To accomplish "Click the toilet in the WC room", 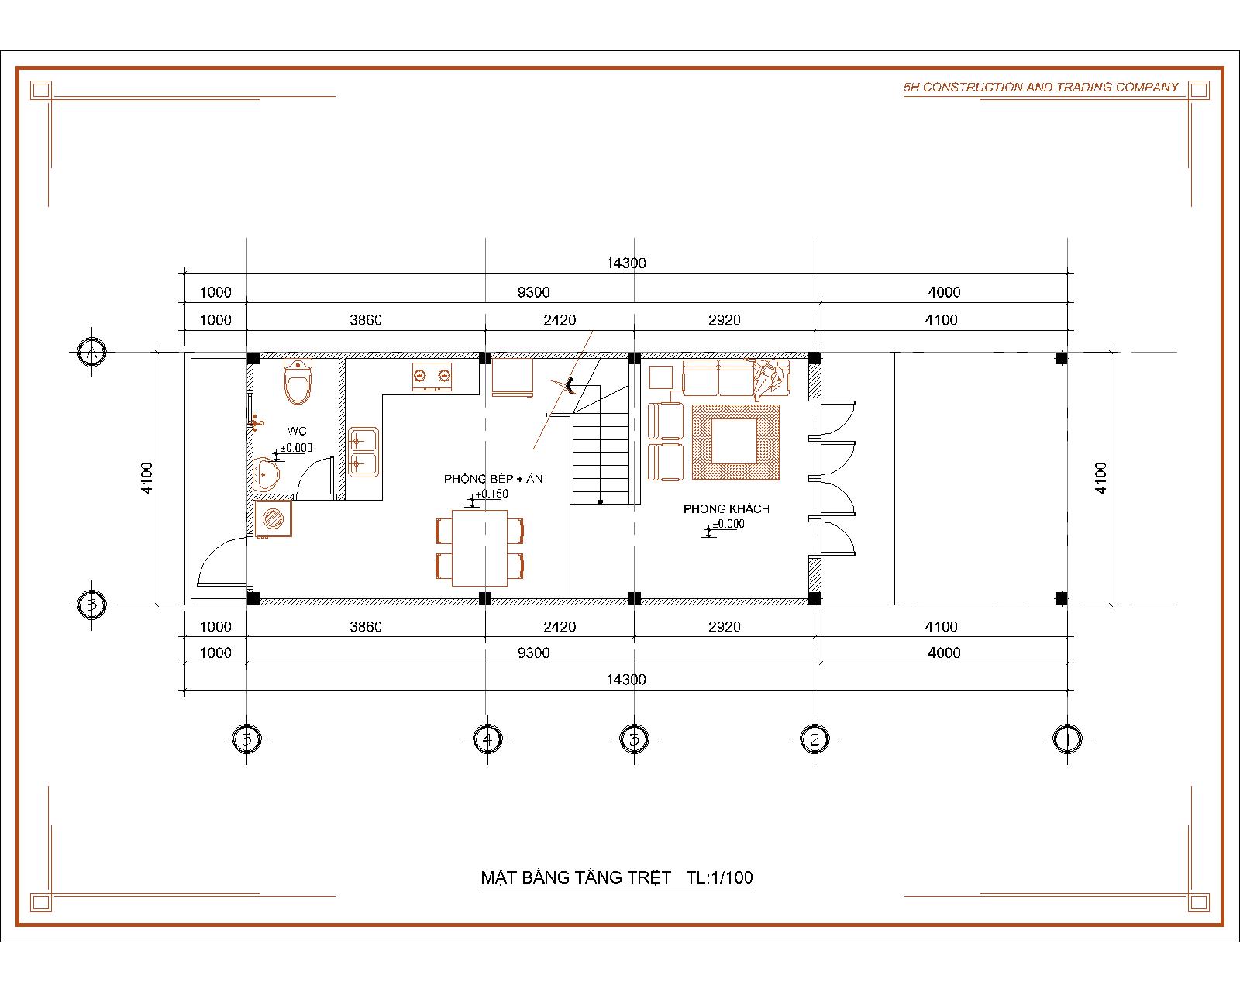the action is [298, 381].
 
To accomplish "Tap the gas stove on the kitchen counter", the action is [432, 377].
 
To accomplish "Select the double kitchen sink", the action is [363, 452].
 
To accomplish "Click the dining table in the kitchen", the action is [480, 548].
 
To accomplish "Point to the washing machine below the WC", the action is [273, 518].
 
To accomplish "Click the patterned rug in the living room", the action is [735, 442].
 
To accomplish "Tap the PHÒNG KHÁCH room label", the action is [726, 509].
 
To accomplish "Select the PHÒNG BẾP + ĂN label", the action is [493, 478].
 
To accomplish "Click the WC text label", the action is [297, 431].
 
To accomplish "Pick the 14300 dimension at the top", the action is [625, 263].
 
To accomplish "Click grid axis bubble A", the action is [91, 352].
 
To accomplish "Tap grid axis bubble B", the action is [91, 604].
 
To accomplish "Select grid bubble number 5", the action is [246, 739].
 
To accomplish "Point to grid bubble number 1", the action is [1067, 739].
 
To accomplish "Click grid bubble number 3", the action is [634, 739].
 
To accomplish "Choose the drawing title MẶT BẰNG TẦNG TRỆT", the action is [576, 877].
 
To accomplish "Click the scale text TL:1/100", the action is [720, 877].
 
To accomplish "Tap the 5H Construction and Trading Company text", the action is [1041, 87].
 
